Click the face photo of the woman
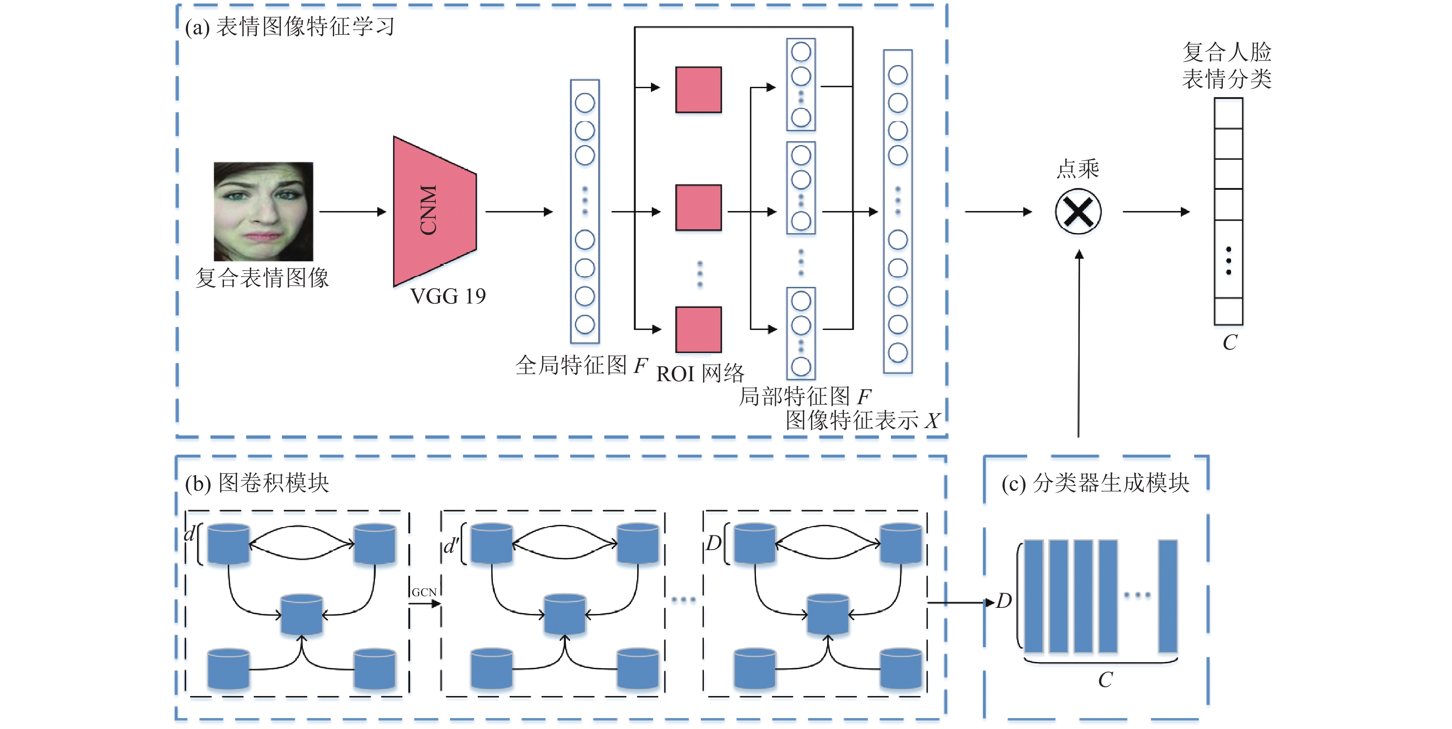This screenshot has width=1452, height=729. tap(263, 211)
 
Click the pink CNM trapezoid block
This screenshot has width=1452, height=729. tap(434, 211)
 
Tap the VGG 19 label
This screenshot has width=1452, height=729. tap(448, 296)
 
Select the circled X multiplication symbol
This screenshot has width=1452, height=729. tap(1078, 212)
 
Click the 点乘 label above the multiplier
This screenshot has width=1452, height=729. tap(1078, 168)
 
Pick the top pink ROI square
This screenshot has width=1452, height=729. tap(698, 89)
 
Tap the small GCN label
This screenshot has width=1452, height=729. tap(424, 592)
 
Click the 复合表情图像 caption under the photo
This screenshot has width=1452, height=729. tap(262, 277)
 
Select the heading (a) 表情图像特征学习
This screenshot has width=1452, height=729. tap(290, 26)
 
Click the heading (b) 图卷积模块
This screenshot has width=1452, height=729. tap(257, 483)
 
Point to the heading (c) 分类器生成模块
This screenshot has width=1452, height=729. tap(1095, 483)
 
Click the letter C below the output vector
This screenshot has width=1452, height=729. tap(1230, 342)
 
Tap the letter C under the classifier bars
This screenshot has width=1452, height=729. tap(1105, 680)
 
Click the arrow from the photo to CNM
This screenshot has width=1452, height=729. tap(353, 212)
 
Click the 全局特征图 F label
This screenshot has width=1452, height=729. tap(581, 365)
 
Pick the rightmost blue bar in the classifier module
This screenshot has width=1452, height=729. tap(1168, 597)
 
